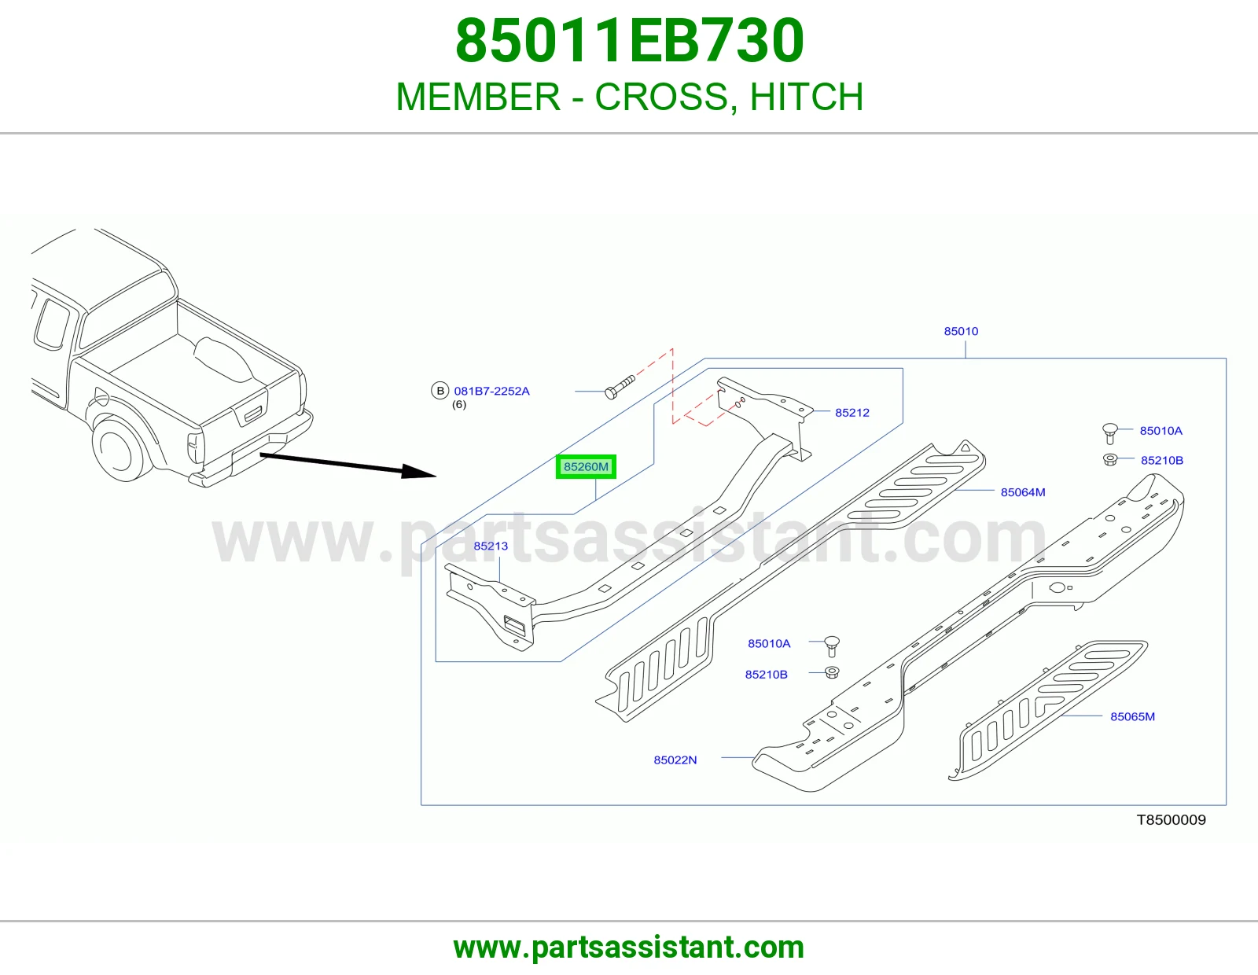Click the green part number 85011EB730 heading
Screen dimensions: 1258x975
tap(629, 41)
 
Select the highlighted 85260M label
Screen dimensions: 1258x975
tap(586, 466)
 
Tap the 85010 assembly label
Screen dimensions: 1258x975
tap(961, 331)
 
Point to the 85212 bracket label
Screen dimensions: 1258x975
tap(852, 413)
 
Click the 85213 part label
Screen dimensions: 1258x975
tap(491, 546)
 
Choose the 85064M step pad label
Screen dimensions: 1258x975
tap(1023, 492)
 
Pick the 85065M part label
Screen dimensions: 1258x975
tap(1132, 717)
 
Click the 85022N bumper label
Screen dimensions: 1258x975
tap(675, 760)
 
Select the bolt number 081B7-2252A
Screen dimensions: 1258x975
tap(491, 392)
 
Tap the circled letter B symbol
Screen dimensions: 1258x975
tap(440, 391)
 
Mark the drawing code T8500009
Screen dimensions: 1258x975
tap(1172, 820)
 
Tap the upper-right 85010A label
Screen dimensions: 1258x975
tap(1161, 431)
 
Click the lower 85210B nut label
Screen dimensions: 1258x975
tap(766, 675)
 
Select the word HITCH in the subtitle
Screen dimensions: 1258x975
tap(807, 97)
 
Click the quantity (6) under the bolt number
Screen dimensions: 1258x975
tap(459, 405)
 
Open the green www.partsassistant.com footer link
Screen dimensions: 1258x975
tap(629, 947)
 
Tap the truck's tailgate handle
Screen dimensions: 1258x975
tap(254, 414)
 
